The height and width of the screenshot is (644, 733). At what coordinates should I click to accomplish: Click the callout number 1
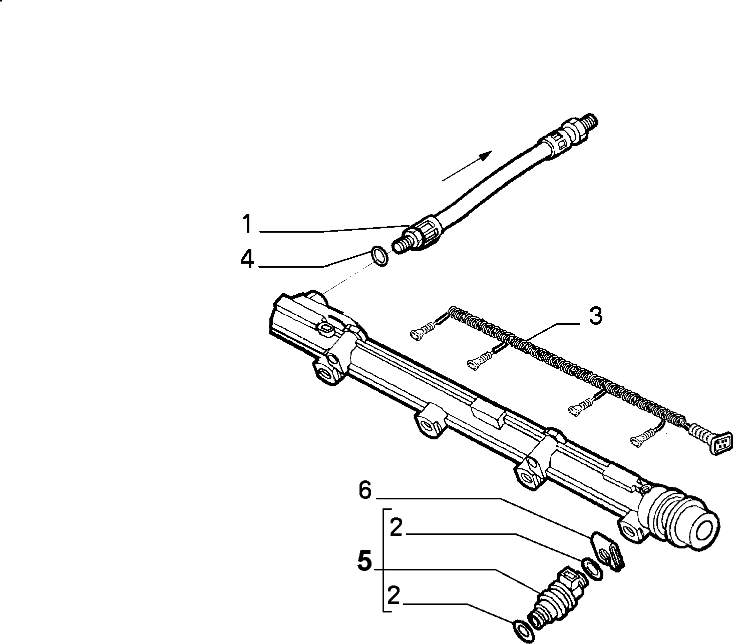247,224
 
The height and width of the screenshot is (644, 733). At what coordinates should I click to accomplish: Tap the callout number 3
595,316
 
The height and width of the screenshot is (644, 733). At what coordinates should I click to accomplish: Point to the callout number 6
365,491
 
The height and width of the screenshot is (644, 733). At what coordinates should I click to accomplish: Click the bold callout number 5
364,561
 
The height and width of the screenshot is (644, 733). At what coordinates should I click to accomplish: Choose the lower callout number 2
394,595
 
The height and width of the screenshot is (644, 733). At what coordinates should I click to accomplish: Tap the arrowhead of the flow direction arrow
485,156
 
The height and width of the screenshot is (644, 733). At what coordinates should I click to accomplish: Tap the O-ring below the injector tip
524,631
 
